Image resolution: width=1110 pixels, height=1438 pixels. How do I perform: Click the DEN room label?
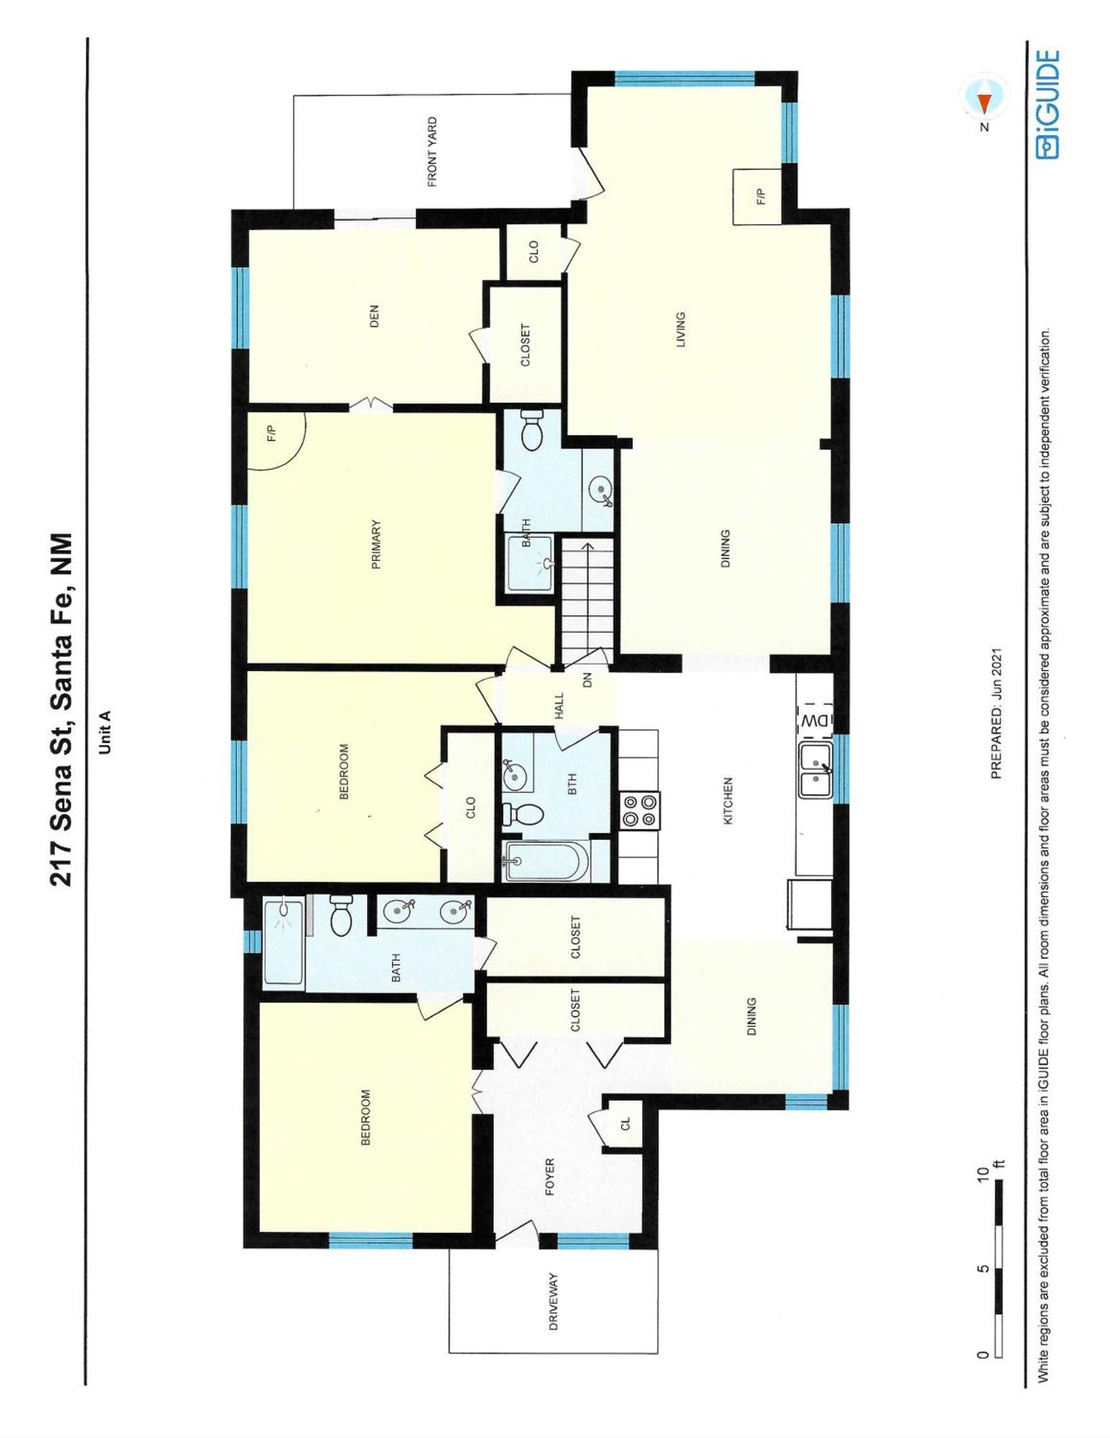(x=373, y=316)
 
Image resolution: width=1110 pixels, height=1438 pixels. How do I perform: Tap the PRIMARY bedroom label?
(x=375, y=545)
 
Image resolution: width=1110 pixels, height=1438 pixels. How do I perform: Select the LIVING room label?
(x=680, y=330)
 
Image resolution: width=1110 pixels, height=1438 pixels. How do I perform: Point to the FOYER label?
(x=550, y=1177)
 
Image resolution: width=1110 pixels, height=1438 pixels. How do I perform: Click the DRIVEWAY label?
(x=553, y=1301)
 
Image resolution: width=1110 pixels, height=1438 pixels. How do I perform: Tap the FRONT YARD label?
(x=432, y=152)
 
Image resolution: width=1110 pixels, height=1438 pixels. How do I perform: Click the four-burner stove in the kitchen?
(x=639, y=810)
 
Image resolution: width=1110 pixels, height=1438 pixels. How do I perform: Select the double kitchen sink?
(x=815, y=771)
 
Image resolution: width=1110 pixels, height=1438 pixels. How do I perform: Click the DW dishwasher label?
(x=815, y=720)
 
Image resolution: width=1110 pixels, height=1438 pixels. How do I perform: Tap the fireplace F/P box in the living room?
(x=757, y=196)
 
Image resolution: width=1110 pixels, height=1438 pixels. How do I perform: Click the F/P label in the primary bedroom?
(x=271, y=434)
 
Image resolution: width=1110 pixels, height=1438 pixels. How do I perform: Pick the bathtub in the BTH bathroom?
(x=546, y=859)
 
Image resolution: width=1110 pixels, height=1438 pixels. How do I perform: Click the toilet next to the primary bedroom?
(x=533, y=430)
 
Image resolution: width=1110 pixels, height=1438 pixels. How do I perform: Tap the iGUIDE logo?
(x=1047, y=104)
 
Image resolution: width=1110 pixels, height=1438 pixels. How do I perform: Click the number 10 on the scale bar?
(x=983, y=1176)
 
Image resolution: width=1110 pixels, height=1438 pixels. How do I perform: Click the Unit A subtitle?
(x=104, y=732)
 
